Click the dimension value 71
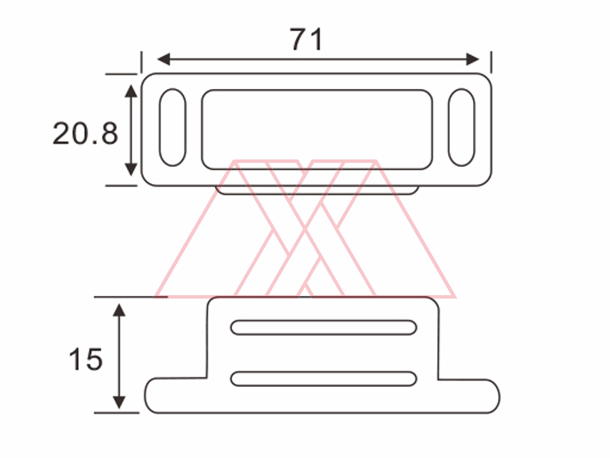coord(307,39)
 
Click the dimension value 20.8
coord(85,134)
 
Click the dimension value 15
coord(85,359)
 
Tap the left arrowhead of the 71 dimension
coord(164,60)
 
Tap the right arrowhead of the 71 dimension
coord(473,60)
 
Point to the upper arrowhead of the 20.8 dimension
coord(131,91)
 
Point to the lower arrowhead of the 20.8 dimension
coord(131,169)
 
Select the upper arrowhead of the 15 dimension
coord(119,311)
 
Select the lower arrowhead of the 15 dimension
coord(119,402)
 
